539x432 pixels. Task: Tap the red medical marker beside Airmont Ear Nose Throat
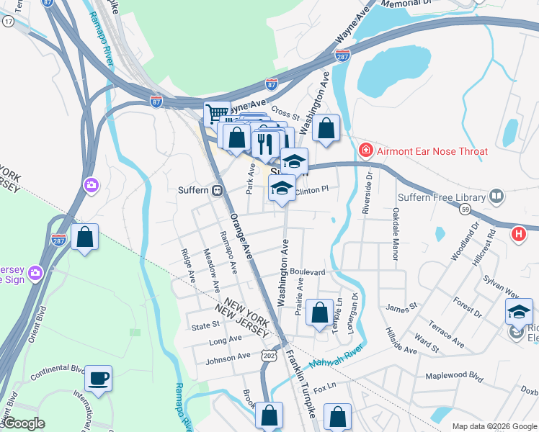[x=366, y=151]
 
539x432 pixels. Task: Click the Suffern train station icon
[x=216, y=191]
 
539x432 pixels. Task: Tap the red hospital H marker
[x=517, y=234]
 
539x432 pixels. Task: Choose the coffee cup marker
[x=98, y=377]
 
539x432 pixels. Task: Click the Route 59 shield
[x=465, y=209]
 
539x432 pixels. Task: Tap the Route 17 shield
[x=8, y=22]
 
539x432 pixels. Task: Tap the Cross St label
[x=285, y=114]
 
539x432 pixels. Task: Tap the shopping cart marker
[x=216, y=113]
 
